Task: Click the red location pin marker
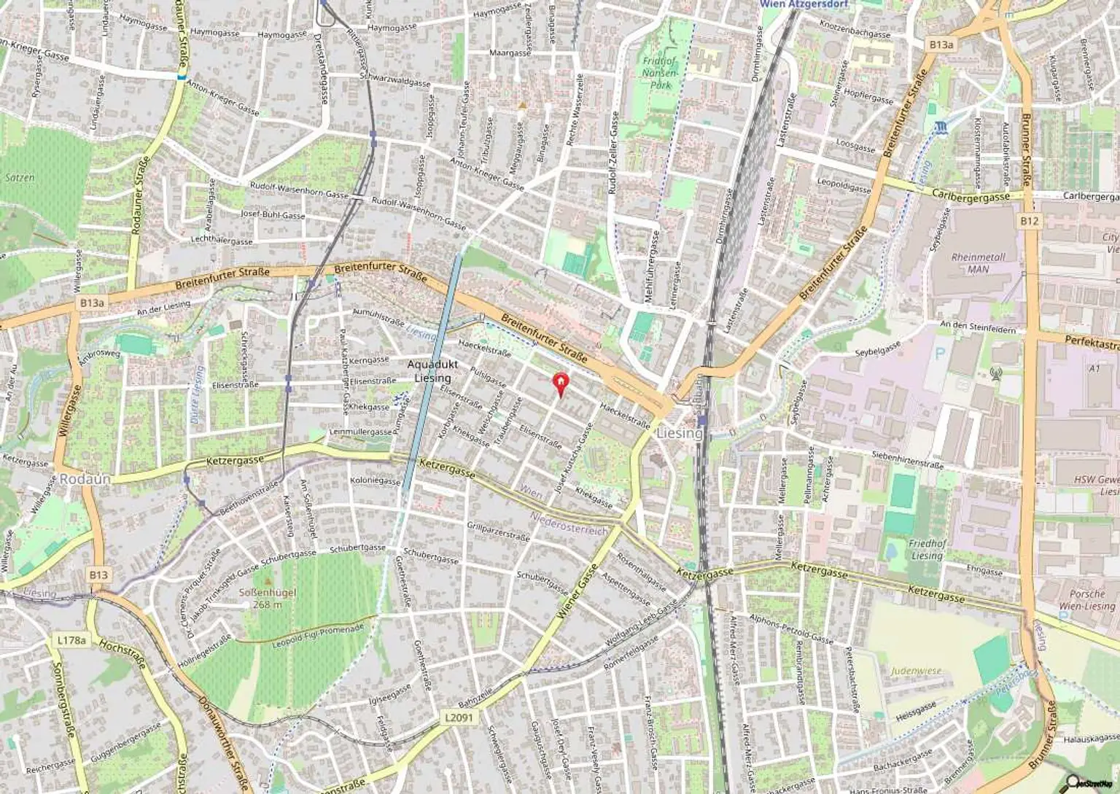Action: pos(560,382)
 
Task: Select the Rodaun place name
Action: pos(85,479)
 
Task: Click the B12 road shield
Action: pos(1029,221)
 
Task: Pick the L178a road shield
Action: pos(71,640)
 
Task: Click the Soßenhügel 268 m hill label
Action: pos(268,598)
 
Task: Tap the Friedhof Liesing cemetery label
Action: pos(927,550)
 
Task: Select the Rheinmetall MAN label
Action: pos(978,262)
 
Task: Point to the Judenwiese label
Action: pos(916,671)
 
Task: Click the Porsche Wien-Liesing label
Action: pos(1086,600)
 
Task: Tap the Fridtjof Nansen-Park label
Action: pos(660,73)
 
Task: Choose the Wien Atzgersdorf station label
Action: pos(804,4)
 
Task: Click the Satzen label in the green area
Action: pos(20,177)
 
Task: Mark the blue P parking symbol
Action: pos(940,352)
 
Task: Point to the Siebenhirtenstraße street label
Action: pos(907,459)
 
